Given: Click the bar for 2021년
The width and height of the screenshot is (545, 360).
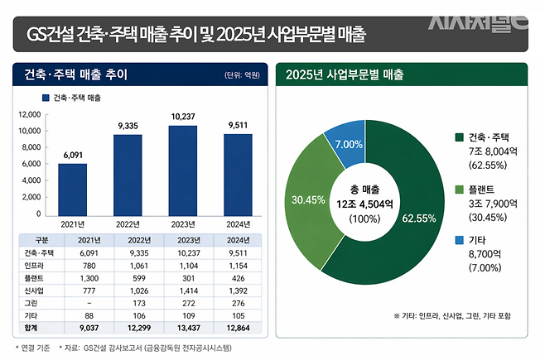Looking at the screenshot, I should pyautogui.click(x=72, y=187).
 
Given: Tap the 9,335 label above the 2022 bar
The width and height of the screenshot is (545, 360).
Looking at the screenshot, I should pyautogui.click(x=128, y=125).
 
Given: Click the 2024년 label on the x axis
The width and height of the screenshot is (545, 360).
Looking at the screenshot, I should pyautogui.click(x=239, y=223).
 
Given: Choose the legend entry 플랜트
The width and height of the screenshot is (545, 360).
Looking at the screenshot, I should pyautogui.click(x=484, y=189).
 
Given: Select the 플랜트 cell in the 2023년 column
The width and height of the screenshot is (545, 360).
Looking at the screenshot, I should pyautogui.click(x=183, y=277).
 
